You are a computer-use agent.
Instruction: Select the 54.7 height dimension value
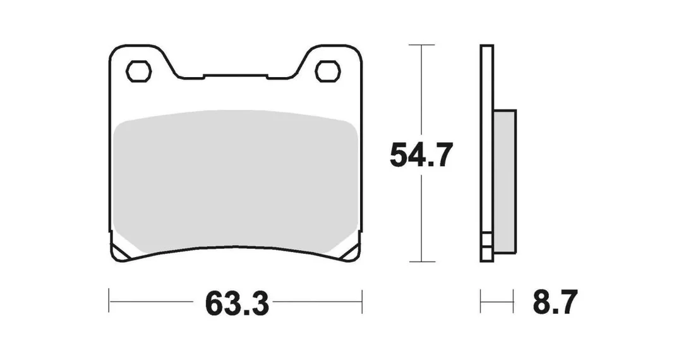tap(421, 155)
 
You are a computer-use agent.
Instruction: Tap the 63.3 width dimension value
tap(237, 303)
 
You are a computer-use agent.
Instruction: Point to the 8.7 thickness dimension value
tap(555, 302)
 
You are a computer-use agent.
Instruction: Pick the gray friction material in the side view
tap(505, 181)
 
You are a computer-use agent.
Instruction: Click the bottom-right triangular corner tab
tap(351, 251)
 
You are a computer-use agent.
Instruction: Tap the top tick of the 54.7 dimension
tap(421, 45)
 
